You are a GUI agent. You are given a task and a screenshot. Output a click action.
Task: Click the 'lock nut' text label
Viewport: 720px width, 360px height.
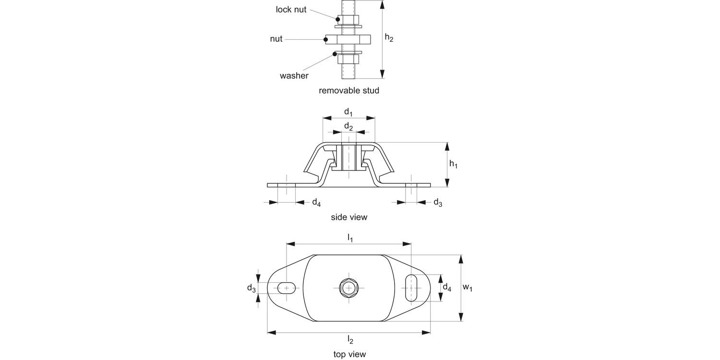point(291,10)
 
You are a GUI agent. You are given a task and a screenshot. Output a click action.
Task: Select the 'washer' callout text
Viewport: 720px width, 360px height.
point(294,75)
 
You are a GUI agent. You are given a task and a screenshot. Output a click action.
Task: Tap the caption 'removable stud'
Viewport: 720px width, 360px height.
point(349,90)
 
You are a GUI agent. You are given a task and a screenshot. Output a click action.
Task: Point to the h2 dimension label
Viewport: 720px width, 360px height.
point(389,38)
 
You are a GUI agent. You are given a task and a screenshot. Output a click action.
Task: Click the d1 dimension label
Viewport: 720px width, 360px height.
point(348,112)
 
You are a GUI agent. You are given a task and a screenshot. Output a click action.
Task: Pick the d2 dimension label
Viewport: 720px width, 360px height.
point(348,127)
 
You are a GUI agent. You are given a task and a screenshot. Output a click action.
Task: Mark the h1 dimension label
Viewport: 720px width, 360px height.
point(453,164)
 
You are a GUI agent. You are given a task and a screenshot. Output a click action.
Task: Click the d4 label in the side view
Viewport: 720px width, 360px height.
point(316,202)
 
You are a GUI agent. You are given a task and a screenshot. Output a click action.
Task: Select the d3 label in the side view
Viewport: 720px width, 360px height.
point(438,202)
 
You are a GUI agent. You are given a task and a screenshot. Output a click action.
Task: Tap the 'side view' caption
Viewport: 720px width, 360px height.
point(349,217)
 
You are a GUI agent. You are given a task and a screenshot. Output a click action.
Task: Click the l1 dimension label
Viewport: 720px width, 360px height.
point(350,238)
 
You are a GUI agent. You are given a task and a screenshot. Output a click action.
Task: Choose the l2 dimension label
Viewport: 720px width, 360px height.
point(350,340)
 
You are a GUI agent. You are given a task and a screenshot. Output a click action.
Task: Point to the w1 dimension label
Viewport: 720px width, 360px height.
point(468,288)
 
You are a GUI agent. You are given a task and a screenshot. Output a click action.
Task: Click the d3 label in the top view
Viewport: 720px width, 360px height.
point(251,288)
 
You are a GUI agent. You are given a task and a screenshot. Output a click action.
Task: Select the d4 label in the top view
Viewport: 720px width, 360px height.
point(446,288)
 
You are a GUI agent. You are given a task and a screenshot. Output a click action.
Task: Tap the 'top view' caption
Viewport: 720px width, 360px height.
point(349,354)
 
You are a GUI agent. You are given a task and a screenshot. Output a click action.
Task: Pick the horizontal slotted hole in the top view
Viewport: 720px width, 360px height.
point(287,288)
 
